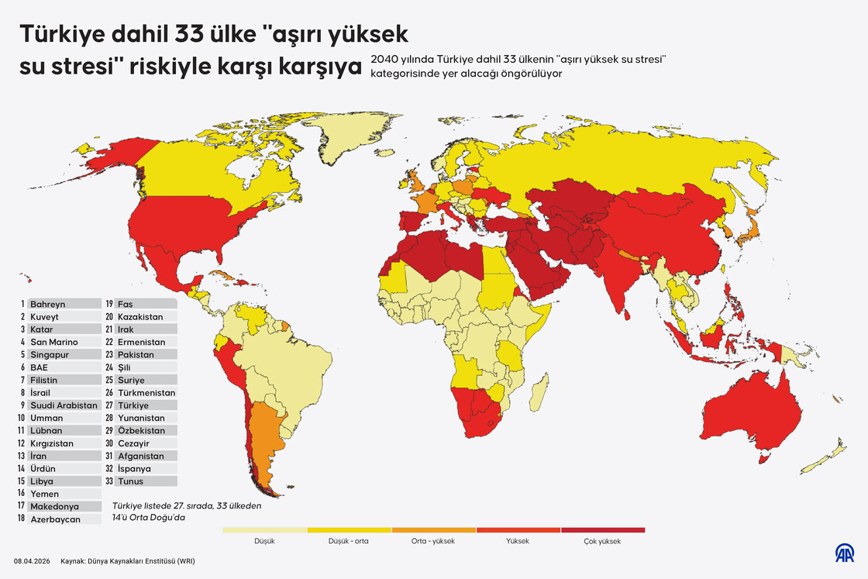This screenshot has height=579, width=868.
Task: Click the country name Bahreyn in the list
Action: pos(47,304)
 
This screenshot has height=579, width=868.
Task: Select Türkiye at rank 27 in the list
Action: pos(133,405)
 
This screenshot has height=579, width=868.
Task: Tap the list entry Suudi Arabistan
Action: pos(64,405)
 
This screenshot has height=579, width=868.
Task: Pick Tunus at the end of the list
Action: pos(131,481)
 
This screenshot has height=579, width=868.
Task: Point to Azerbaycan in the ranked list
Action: pos(55,519)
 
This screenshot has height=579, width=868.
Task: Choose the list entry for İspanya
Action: pos(134,469)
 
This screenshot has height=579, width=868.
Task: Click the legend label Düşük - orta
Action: pos(349,542)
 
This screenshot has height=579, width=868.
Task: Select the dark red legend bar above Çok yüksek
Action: pos(602,530)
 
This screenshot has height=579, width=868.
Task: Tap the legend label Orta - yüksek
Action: pos(433,542)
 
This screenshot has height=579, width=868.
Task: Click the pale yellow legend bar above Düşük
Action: pos(264,530)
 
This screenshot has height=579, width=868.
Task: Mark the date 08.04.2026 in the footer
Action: pos(30,560)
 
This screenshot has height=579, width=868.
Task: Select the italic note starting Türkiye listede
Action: pos(187,512)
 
